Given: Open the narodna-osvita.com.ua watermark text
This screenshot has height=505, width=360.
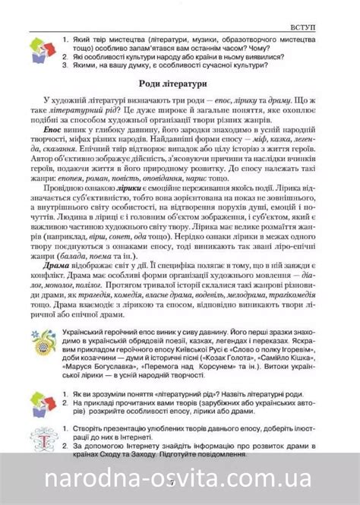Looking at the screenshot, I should click(180, 480).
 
